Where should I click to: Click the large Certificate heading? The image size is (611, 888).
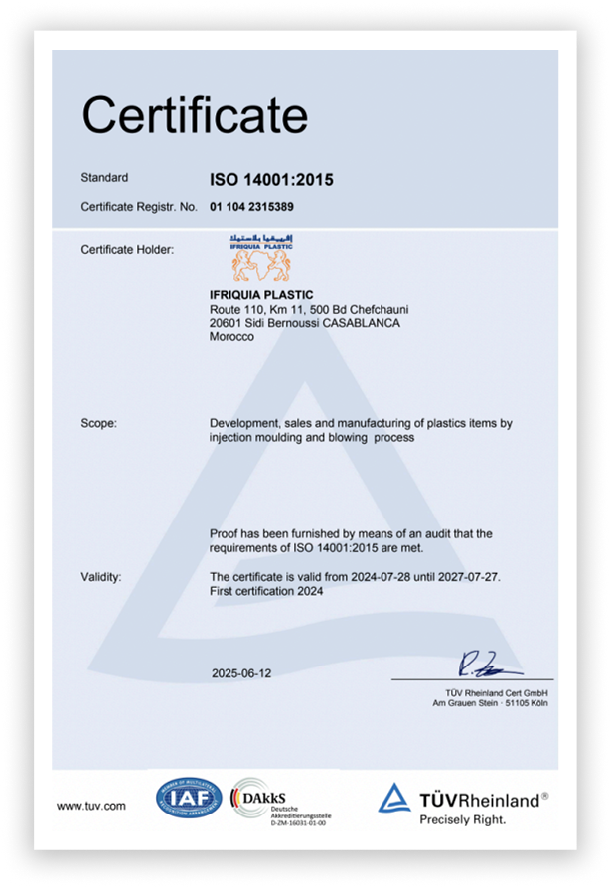[x=195, y=115]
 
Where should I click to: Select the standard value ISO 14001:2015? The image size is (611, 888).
[x=271, y=180]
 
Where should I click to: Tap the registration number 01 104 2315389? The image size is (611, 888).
[x=251, y=207]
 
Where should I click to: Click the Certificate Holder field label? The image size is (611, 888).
[x=127, y=249]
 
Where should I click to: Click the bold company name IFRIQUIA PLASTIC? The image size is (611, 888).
[x=261, y=295]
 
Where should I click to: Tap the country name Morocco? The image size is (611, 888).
[x=231, y=337]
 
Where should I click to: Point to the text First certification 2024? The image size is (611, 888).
[x=267, y=591]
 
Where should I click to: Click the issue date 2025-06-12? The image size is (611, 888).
[x=241, y=672]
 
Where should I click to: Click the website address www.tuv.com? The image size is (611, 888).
[x=91, y=806]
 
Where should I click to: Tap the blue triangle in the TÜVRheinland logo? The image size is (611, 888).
[x=394, y=798]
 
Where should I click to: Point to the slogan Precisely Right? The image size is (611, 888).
[x=462, y=820]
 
